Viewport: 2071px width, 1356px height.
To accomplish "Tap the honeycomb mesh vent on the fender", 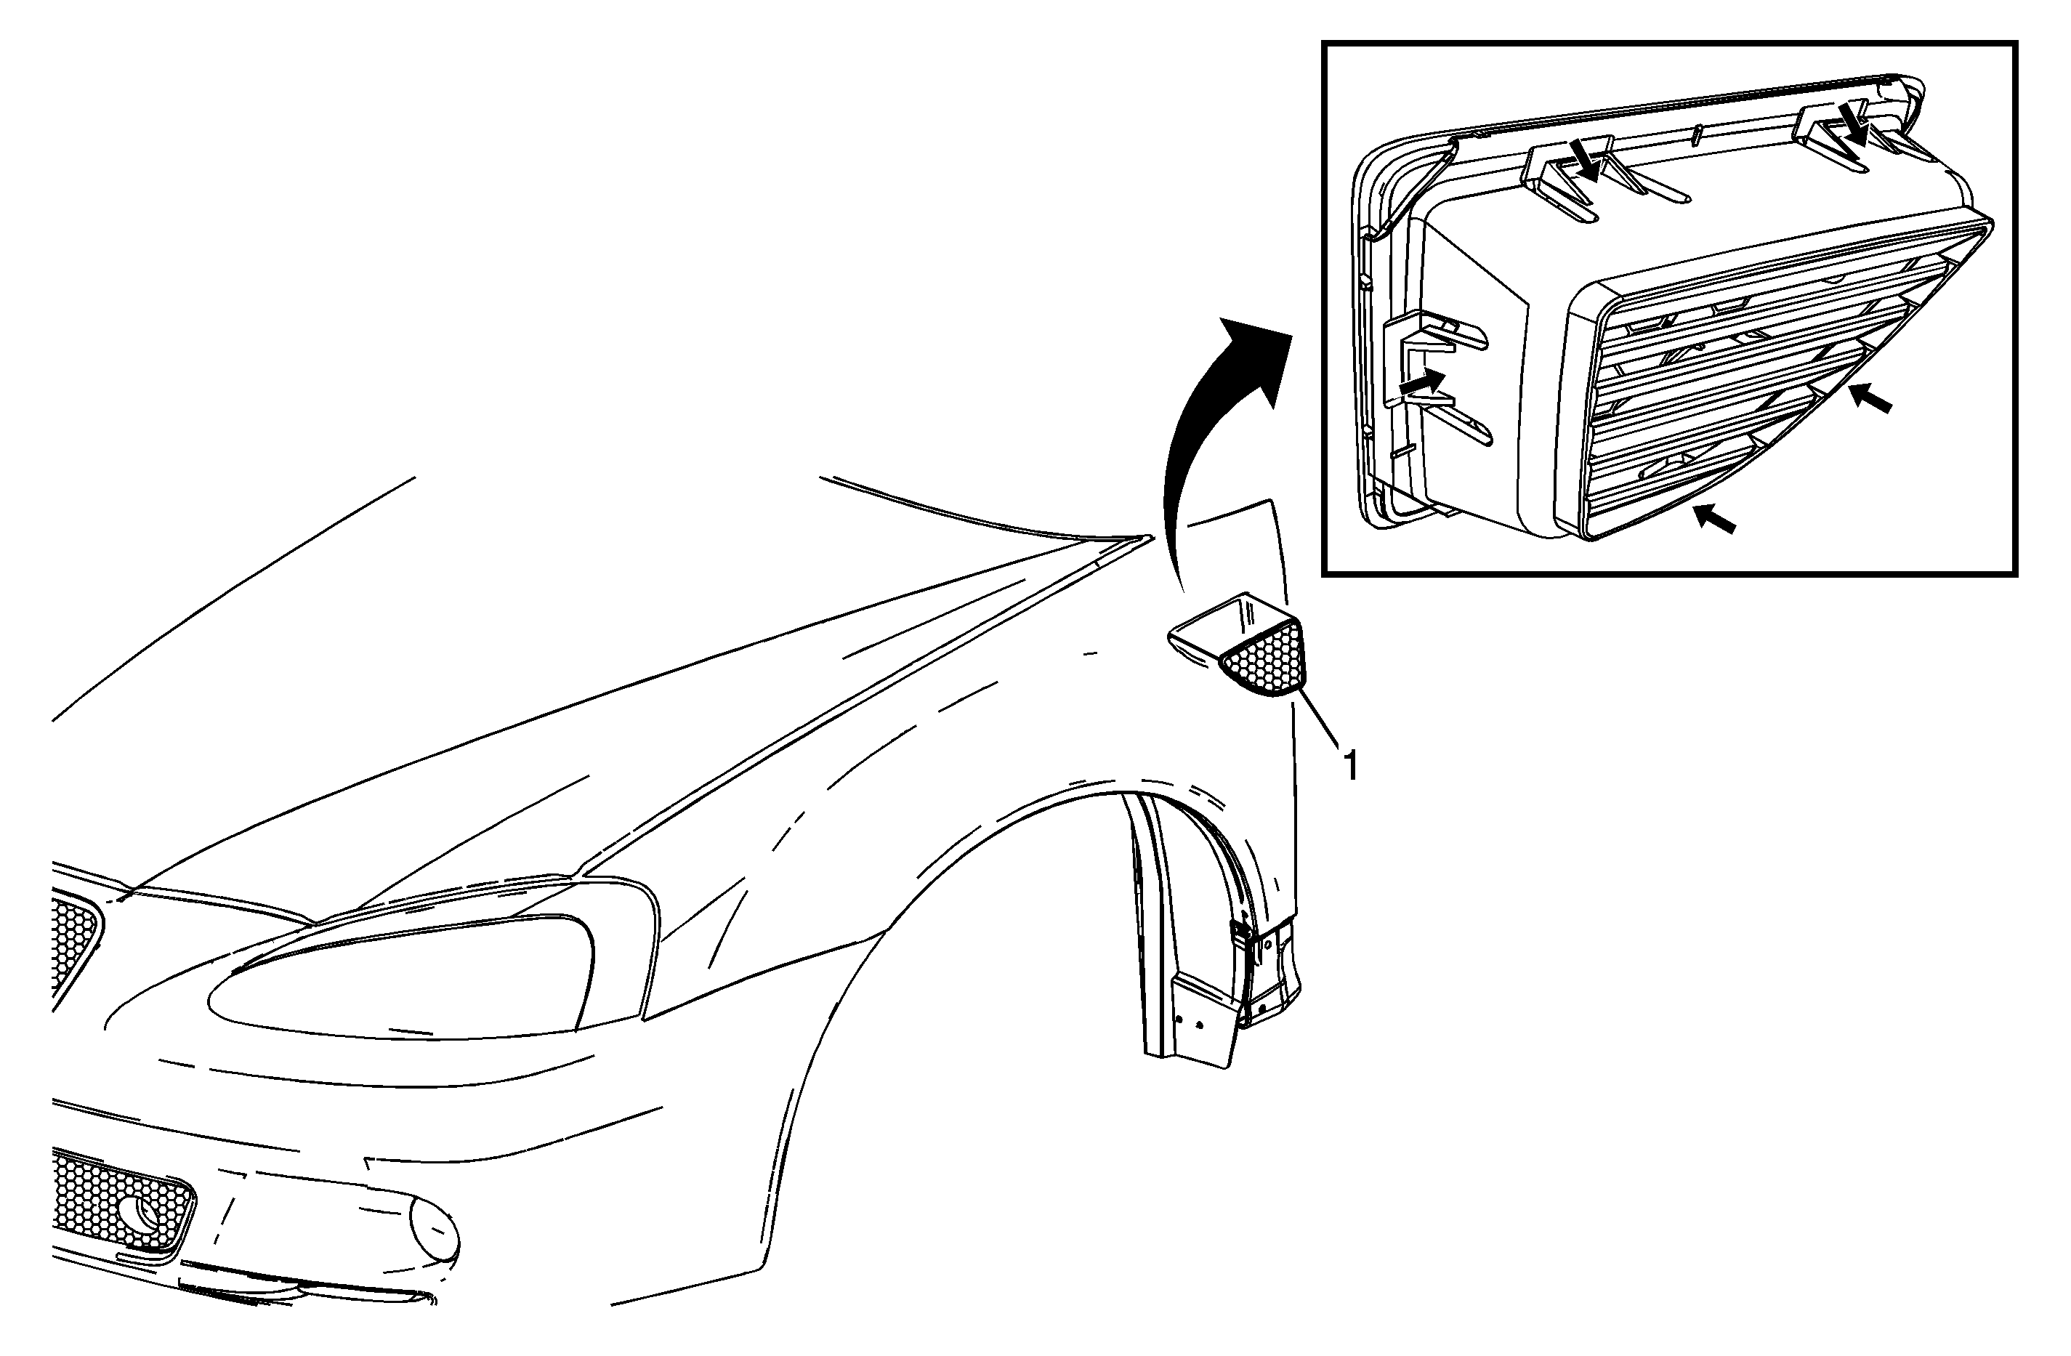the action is [1266, 659].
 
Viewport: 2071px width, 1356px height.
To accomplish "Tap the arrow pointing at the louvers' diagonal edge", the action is [1869, 399].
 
